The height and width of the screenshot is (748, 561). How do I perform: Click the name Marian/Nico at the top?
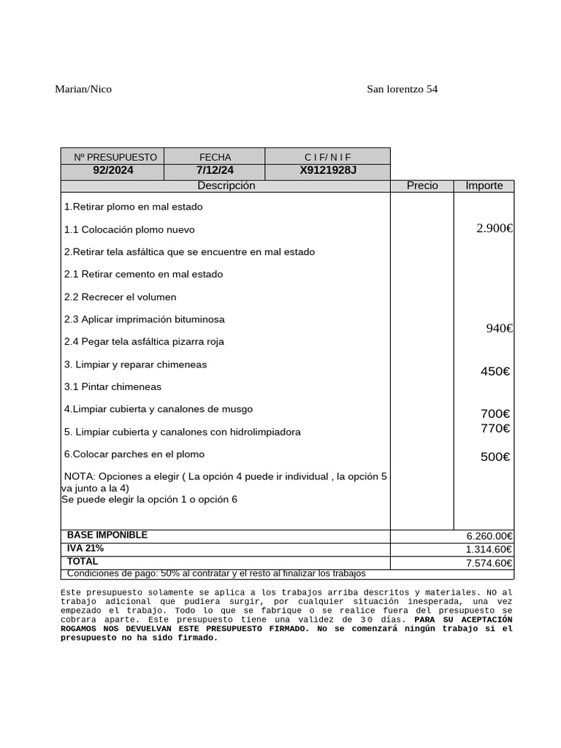click(x=83, y=89)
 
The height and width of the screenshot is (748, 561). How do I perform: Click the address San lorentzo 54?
click(x=402, y=89)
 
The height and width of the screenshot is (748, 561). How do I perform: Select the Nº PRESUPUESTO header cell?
click(x=115, y=157)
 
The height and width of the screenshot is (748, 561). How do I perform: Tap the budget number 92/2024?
click(x=113, y=171)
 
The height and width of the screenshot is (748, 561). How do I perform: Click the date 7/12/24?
click(x=215, y=171)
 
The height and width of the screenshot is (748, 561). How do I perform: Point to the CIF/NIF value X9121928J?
click(x=328, y=171)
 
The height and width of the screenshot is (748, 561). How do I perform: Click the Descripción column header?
click(x=226, y=186)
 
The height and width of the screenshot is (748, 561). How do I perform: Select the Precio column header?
click(x=422, y=186)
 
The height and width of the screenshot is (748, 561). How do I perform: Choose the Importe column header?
click(x=484, y=186)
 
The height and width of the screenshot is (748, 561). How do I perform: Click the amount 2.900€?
click(x=495, y=229)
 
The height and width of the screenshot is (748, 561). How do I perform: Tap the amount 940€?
click(x=500, y=329)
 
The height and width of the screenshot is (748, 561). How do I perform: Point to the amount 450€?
click(x=495, y=372)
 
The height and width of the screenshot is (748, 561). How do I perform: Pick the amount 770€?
click(x=495, y=429)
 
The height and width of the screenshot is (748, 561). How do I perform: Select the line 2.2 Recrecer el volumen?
click(x=120, y=297)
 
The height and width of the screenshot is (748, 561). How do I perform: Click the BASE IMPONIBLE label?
click(x=107, y=535)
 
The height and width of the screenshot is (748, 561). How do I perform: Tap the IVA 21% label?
click(x=85, y=549)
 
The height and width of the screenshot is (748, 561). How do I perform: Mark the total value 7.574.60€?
click(x=489, y=563)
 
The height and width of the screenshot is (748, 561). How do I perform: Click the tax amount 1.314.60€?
click(x=489, y=549)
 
